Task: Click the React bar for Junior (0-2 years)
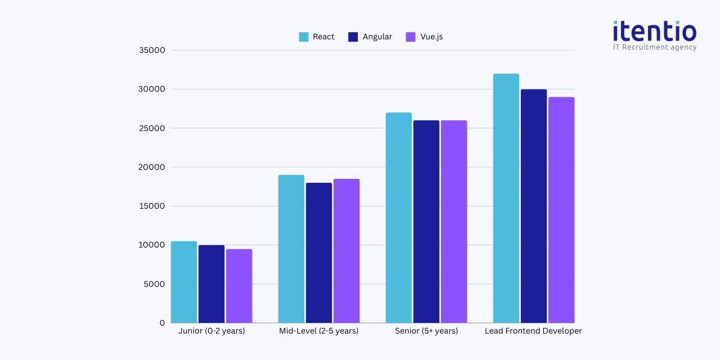point(184,282)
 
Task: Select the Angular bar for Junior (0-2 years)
point(211,284)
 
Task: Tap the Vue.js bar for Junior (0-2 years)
point(239,286)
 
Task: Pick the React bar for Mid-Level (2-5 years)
point(291,249)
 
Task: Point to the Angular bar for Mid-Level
point(319,253)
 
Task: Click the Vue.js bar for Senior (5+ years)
point(454,222)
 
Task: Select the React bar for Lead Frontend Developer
point(506,198)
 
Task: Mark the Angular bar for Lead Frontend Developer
point(534,206)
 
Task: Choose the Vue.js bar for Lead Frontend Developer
point(561,210)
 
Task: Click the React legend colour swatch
point(304,37)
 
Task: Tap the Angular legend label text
point(377,37)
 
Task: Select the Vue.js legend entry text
point(431,37)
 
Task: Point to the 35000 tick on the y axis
point(152,50)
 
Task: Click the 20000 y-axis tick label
point(152,167)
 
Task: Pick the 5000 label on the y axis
point(154,284)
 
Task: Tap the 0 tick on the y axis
point(162,323)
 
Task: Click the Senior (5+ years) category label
point(426,331)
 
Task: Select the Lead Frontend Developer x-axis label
point(533,331)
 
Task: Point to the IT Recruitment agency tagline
point(655,48)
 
